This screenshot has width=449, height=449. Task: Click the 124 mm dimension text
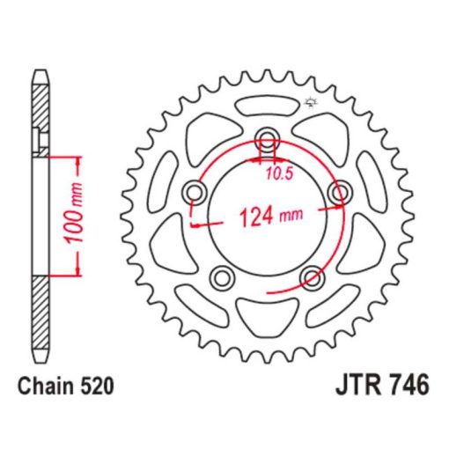click(x=271, y=217)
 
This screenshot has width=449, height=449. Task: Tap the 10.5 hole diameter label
click(x=280, y=174)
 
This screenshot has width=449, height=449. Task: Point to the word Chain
click(x=46, y=386)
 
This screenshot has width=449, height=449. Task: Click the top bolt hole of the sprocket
click(x=267, y=139)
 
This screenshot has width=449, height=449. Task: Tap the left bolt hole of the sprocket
click(x=194, y=193)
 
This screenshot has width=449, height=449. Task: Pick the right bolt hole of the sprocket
click(x=341, y=193)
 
